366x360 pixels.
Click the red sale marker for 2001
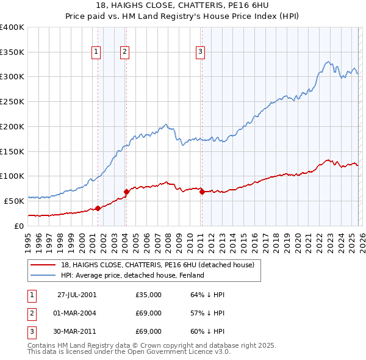pyautogui.click(x=98, y=209)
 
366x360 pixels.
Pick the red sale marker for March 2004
pyautogui.click(x=126, y=192)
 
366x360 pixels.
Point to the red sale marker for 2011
pyautogui.click(x=202, y=192)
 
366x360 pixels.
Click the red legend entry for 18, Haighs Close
pyautogui.click(x=152, y=265)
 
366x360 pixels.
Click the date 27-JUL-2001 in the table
pyautogui.click(x=76, y=295)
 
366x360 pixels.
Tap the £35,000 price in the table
pyautogui.click(x=148, y=295)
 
